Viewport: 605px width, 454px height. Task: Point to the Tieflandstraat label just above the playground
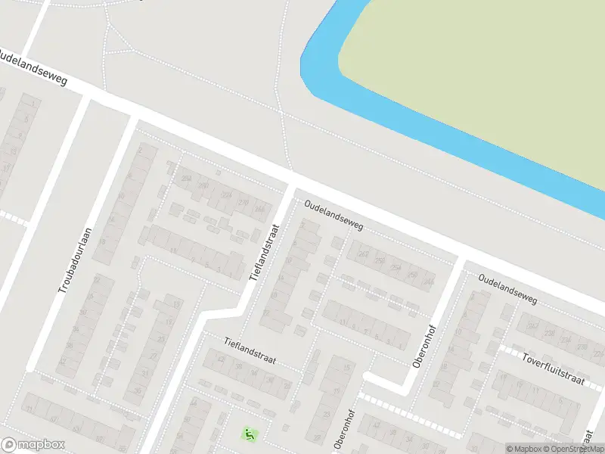[251, 353]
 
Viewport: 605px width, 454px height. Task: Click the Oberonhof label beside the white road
[422, 347]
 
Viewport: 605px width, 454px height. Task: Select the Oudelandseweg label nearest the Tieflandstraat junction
[334, 216]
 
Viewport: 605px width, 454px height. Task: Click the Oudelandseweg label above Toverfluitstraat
[507, 290]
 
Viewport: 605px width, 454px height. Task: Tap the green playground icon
[249, 434]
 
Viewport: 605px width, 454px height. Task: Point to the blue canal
[454, 129]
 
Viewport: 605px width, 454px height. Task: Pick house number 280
[203, 185]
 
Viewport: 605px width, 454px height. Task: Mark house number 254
[395, 268]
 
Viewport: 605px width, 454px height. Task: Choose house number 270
[243, 202]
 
